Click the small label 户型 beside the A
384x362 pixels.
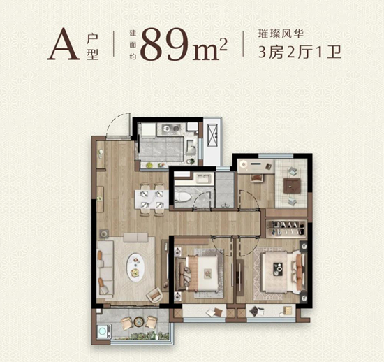pos(94,45)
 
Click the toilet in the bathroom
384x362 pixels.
pos(182,196)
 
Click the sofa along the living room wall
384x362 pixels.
pos(106,266)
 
